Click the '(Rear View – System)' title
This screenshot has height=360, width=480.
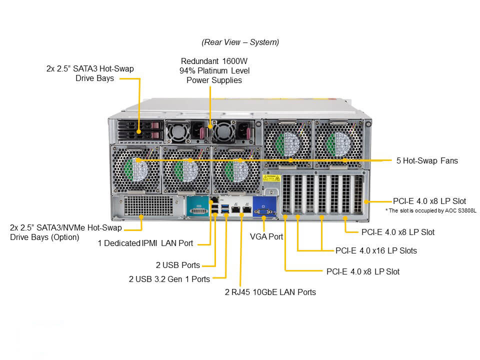tap(240, 42)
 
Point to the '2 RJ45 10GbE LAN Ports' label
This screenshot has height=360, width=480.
tap(270, 291)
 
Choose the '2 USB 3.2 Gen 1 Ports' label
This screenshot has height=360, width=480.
tap(169, 278)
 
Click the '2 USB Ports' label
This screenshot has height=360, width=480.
tap(177, 265)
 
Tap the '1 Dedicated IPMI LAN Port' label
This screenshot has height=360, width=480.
tap(145, 243)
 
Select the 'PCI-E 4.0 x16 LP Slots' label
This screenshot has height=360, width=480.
tap(376, 250)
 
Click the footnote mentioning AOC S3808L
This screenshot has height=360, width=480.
tap(430, 210)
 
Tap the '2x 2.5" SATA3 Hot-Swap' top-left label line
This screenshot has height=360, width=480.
tap(90, 68)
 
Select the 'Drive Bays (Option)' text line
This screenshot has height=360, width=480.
tap(44, 237)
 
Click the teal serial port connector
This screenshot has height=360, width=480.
tap(199, 207)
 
